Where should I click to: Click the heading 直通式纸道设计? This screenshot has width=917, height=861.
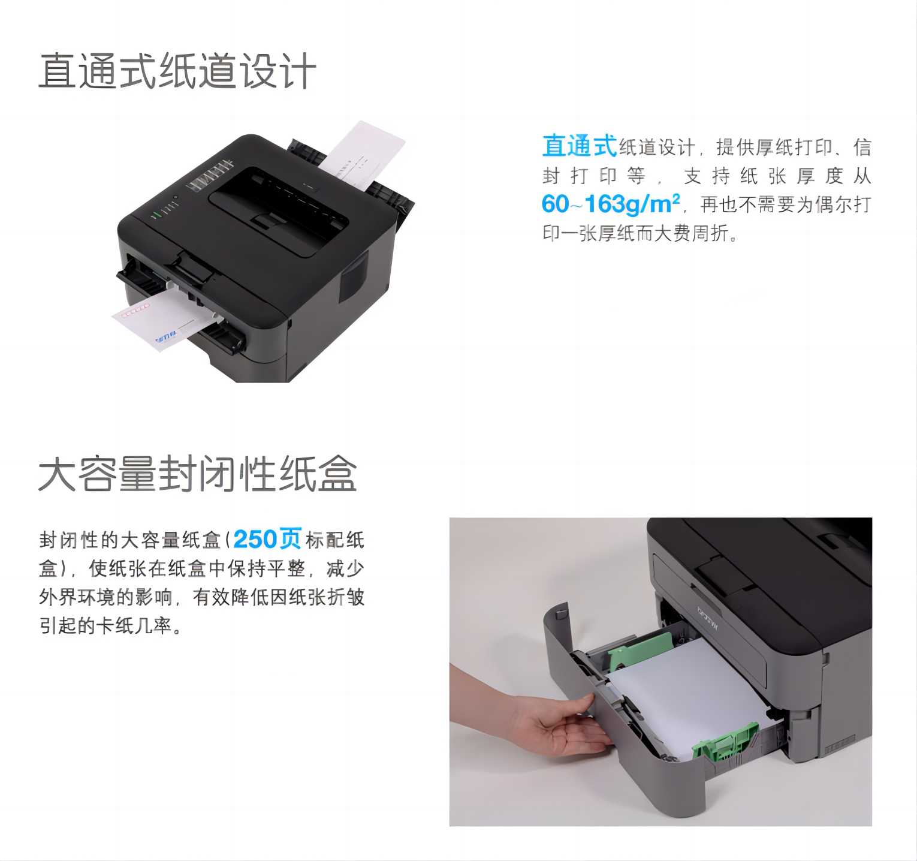[177, 71]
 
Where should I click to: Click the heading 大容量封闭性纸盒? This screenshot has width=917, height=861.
[198, 474]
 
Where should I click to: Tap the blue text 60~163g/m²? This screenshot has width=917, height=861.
[611, 204]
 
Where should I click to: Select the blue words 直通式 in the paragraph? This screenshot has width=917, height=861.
[580, 146]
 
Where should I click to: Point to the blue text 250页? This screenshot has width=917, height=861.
[267, 538]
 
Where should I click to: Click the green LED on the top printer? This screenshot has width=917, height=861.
[156, 213]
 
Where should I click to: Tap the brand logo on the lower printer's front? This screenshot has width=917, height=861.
[708, 618]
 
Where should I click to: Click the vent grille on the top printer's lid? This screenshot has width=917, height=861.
[209, 176]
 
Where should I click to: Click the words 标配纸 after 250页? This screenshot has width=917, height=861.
[335, 540]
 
